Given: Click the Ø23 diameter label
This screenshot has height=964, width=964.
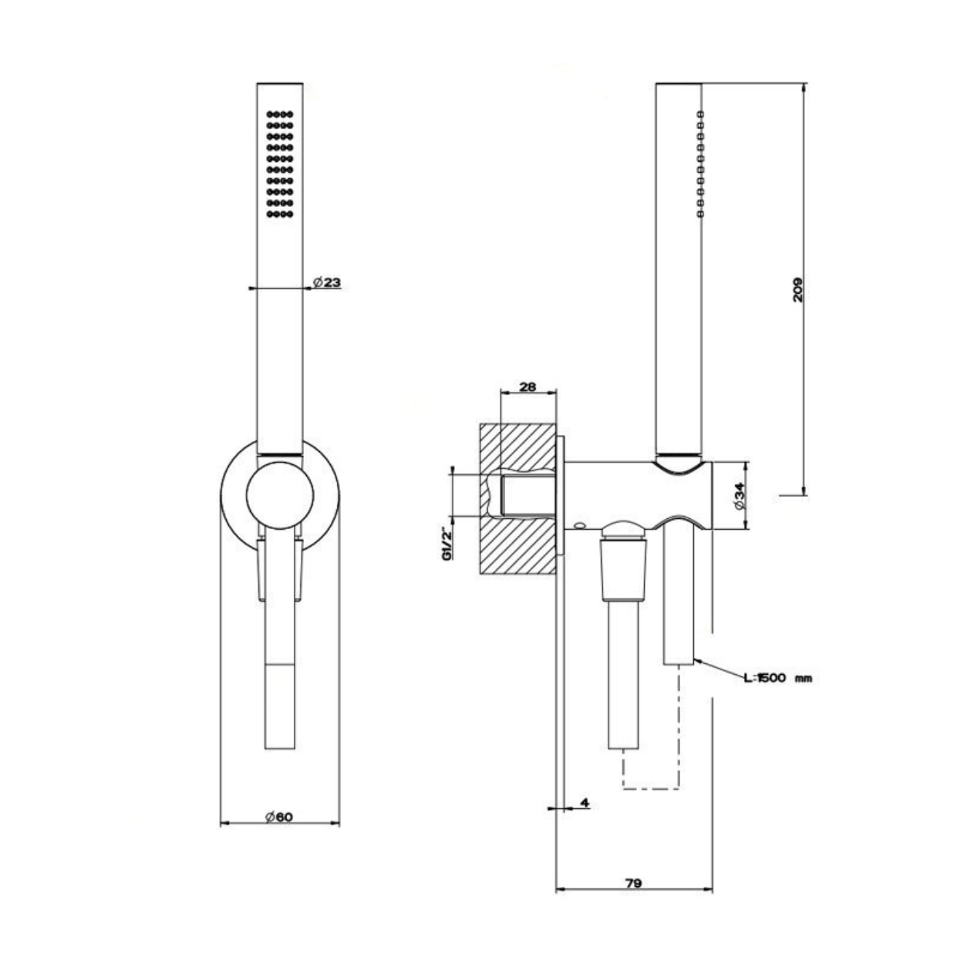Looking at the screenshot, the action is pyautogui.click(x=326, y=283).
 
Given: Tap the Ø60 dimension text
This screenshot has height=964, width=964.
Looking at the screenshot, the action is pyautogui.click(x=279, y=817).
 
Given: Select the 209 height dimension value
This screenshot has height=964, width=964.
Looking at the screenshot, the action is pyautogui.click(x=797, y=289).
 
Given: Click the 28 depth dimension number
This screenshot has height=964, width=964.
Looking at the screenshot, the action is pyautogui.click(x=528, y=386).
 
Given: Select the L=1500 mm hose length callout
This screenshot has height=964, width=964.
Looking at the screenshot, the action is pyautogui.click(x=777, y=679).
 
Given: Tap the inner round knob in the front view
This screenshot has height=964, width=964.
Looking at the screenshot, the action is pyautogui.click(x=280, y=495).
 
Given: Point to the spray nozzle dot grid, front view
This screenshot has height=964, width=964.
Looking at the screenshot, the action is pyautogui.click(x=280, y=164).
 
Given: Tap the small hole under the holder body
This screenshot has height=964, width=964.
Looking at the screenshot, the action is pyautogui.click(x=579, y=525).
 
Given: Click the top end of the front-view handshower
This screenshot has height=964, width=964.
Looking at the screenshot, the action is pyautogui.click(x=280, y=83).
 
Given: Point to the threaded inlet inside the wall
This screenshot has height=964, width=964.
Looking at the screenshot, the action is pyautogui.click(x=528, y=495).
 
